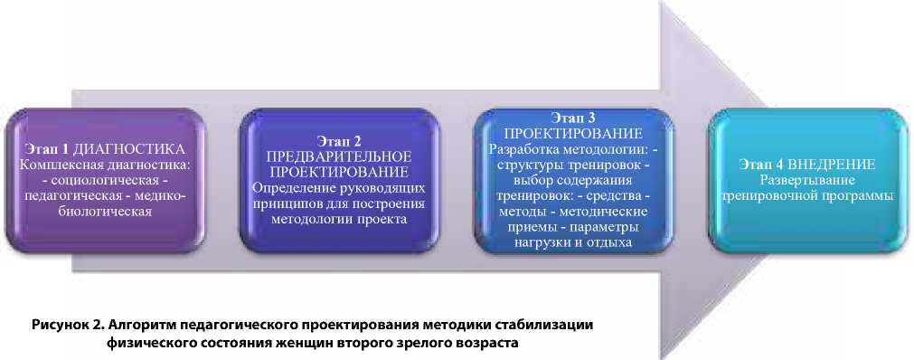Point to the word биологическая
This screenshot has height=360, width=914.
coord(106,212)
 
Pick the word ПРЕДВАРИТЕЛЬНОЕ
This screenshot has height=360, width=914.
coord(339,156)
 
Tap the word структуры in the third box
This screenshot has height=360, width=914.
coord(527,164)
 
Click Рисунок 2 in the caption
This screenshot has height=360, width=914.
coord(70,325)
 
